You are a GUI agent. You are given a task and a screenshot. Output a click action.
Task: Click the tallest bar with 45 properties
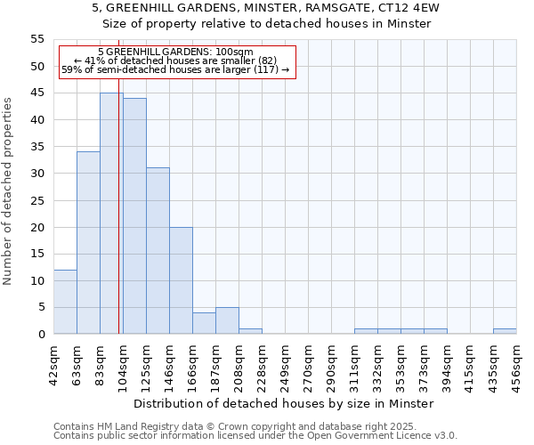[111, 214]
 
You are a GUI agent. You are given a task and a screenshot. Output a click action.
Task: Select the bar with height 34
[88, 243]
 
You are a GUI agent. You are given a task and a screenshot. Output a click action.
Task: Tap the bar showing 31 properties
[158, 251]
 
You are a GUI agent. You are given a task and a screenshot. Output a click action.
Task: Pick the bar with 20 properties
[181, 280]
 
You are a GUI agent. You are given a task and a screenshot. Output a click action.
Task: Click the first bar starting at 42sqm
[65, 302]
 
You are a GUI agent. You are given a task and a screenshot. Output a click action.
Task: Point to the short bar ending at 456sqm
[505, 331]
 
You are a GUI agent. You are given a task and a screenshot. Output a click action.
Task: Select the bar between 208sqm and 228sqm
[250, 331]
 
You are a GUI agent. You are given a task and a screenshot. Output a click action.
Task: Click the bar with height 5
[227, 320]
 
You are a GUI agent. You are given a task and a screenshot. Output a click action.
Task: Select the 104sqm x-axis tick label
[123, 362]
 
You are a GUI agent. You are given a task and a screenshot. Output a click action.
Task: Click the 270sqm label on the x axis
[308, 362]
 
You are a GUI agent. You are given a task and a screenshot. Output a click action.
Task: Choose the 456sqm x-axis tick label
[516, 362]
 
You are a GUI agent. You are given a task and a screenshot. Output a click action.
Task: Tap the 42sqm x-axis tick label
[53, 362]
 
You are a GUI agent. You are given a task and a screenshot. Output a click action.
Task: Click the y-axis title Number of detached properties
[8, 191]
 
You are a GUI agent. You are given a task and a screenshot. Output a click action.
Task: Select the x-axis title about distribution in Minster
[285, 403]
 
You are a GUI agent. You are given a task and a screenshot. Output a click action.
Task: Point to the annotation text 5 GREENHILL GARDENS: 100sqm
[175, 53]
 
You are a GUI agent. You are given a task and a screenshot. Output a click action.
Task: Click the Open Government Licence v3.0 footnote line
[255, 435]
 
